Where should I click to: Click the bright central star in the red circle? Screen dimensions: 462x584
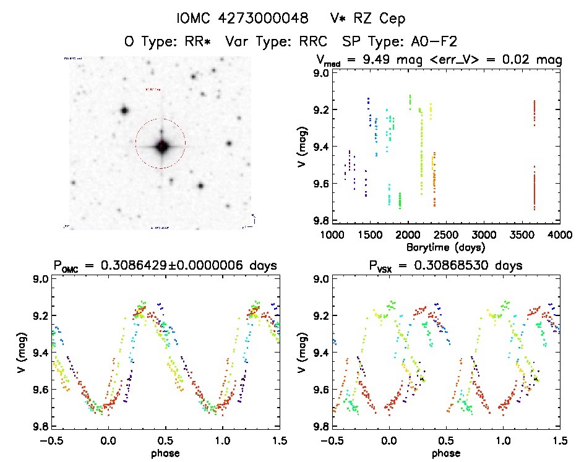coord(161,147)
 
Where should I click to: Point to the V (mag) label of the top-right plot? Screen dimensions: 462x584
coord(301,147)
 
